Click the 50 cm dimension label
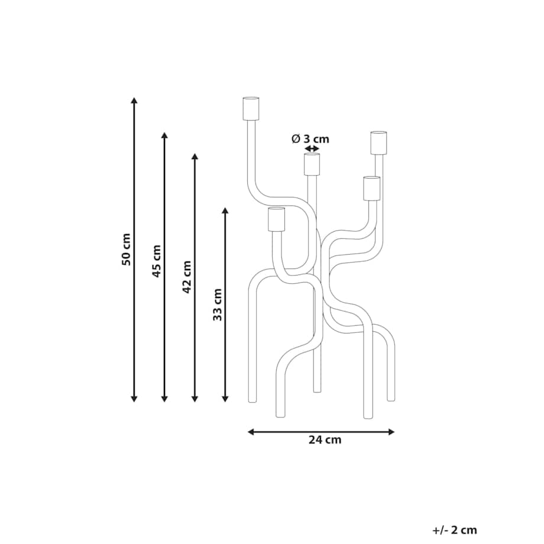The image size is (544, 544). pyautogui.click(x=127, y=250)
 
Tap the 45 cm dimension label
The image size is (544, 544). pyautogui.click(x=157, y=261)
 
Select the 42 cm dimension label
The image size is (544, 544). pyautogui.click(x=187, y=277)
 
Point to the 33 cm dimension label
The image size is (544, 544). pyautogui.click(x=217, y=305)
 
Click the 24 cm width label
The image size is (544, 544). pyautogui.click(x=325, y=439)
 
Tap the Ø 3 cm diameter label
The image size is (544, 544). pyautogui.click(x=310, y=139)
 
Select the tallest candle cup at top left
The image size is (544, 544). pyautogui.click(x=251, y=108)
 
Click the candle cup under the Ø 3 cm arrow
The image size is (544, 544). pyautogui.click(x=312, y=164)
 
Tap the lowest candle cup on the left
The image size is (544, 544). pyautogui.click(x=277, y=219)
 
